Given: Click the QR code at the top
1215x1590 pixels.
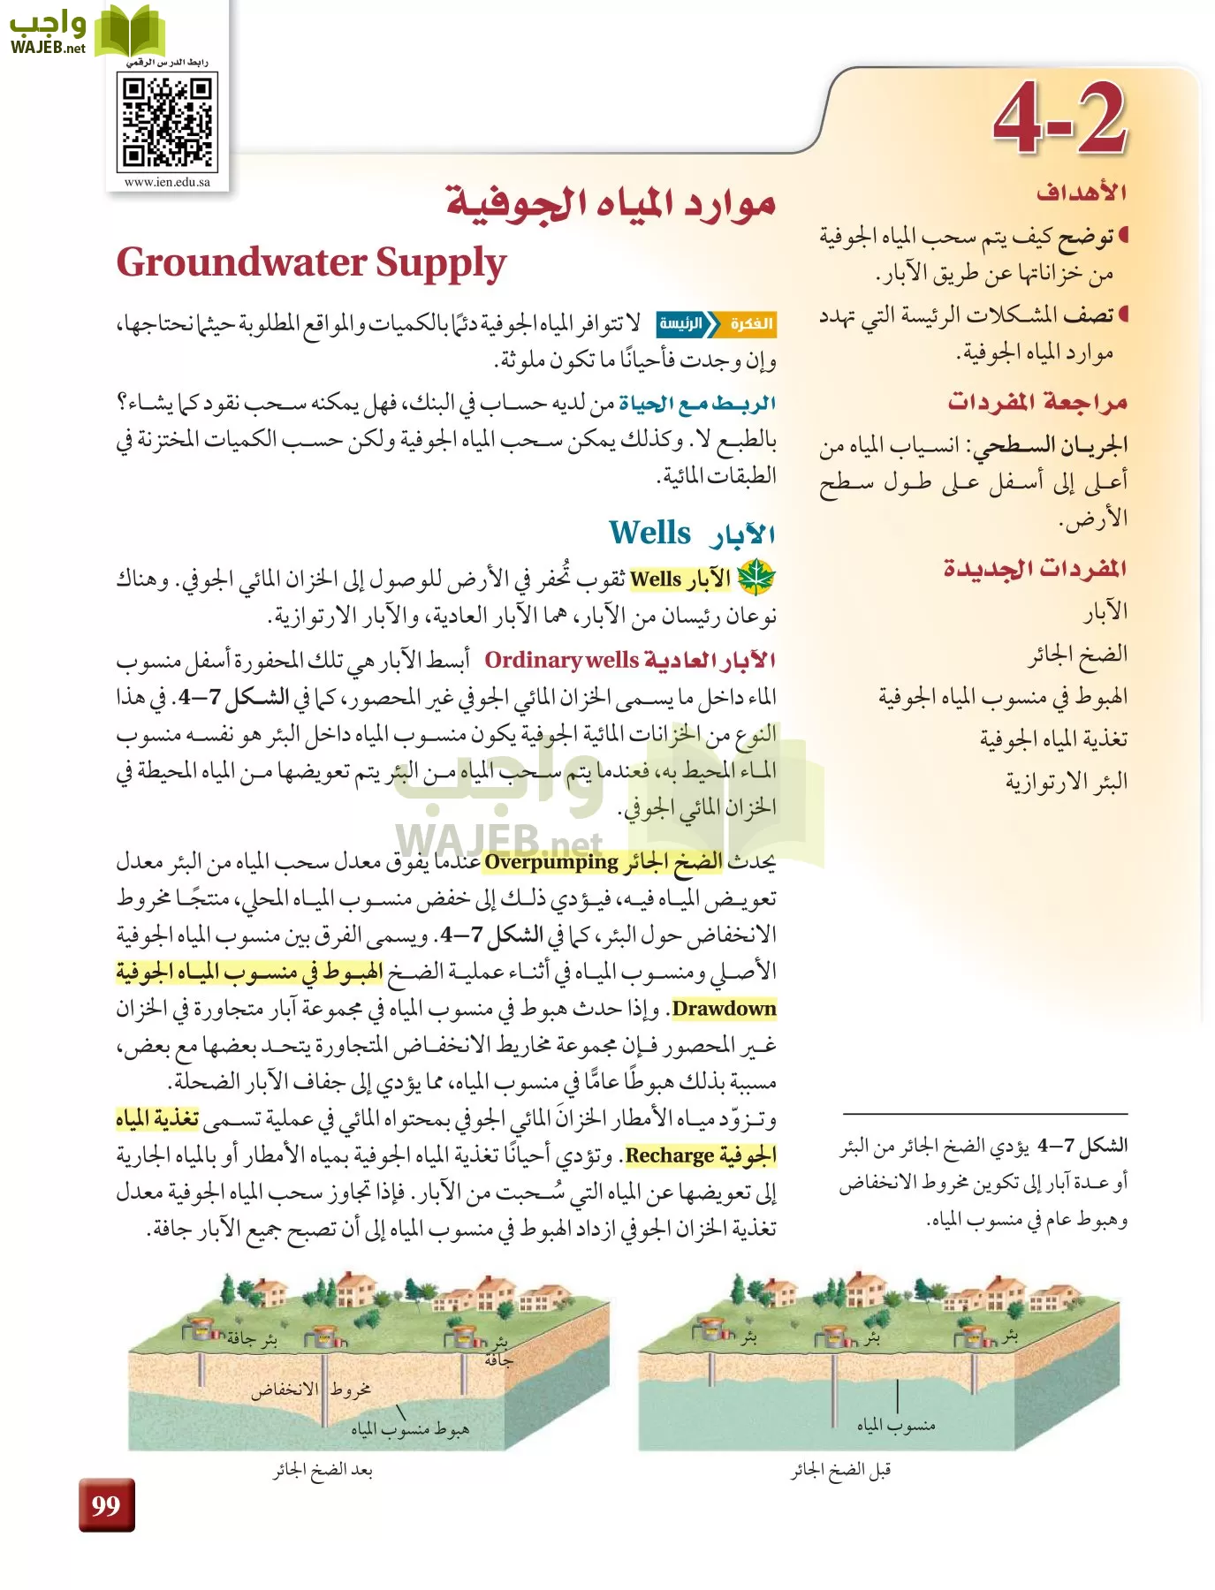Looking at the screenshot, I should [x=167, y=122].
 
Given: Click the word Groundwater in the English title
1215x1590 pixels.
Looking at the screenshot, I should [x=241, y=263].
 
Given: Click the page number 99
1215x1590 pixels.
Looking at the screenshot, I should [x=106, y=1504].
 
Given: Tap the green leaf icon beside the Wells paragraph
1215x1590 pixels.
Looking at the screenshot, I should [x=756, y=579].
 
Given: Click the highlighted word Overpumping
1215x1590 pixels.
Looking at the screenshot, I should [x=551, y=861].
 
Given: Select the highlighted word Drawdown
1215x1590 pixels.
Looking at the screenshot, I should [x=724, y=1009].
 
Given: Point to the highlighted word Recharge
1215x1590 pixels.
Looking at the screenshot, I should [x=669, y=1155].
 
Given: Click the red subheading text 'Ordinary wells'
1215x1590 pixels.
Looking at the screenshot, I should [x=561, y=660].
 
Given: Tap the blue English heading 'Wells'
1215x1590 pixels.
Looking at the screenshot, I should [x=649, y=533].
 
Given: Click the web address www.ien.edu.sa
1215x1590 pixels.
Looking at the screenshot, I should [x=167, y=182].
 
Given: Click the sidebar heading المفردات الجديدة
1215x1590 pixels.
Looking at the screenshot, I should [x=1035, y=568].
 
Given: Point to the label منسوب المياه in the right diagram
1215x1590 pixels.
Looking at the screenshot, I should [x=895, y=1425].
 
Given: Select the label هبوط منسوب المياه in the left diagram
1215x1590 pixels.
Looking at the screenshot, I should [x=410, y=1428].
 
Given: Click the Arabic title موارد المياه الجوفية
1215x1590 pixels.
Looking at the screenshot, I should [x=611, y=205].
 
